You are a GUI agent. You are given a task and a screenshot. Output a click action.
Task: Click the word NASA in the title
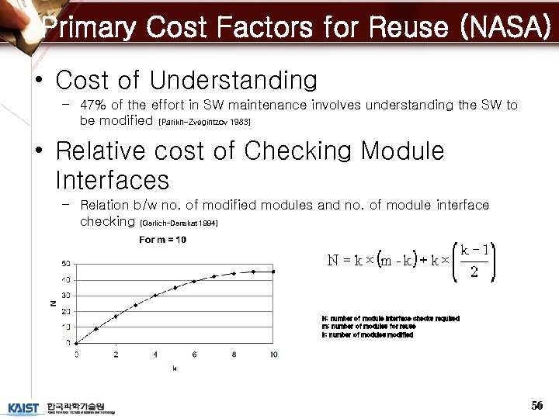coord(506,28)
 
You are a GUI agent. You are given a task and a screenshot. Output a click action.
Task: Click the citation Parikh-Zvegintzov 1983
coord(204,123)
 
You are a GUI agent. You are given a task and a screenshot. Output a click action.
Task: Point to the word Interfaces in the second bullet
coord(113,180)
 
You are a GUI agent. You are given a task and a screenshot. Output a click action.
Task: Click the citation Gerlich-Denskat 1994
coord(179,223)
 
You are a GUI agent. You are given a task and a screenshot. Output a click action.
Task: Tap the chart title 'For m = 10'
coord(162,240)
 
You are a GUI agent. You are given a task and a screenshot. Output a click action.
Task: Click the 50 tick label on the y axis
coord(67,264)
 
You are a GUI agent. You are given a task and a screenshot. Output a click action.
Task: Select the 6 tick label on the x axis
coord(194,355)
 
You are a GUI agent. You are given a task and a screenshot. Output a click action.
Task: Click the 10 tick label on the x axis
coord(273,355)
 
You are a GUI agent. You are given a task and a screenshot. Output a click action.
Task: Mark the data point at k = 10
coord(273,272)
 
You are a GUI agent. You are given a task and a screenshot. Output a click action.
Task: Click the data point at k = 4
coord(155,295)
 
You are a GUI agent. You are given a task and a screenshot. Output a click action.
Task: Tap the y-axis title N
coord(53,303)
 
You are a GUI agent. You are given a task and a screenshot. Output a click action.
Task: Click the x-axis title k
coord(174,369)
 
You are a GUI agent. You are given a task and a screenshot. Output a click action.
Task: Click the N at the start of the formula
coord(332,261)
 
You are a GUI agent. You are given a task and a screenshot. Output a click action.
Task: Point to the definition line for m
coord(368,327)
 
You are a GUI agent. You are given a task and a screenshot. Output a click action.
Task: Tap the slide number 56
coord(536,406)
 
